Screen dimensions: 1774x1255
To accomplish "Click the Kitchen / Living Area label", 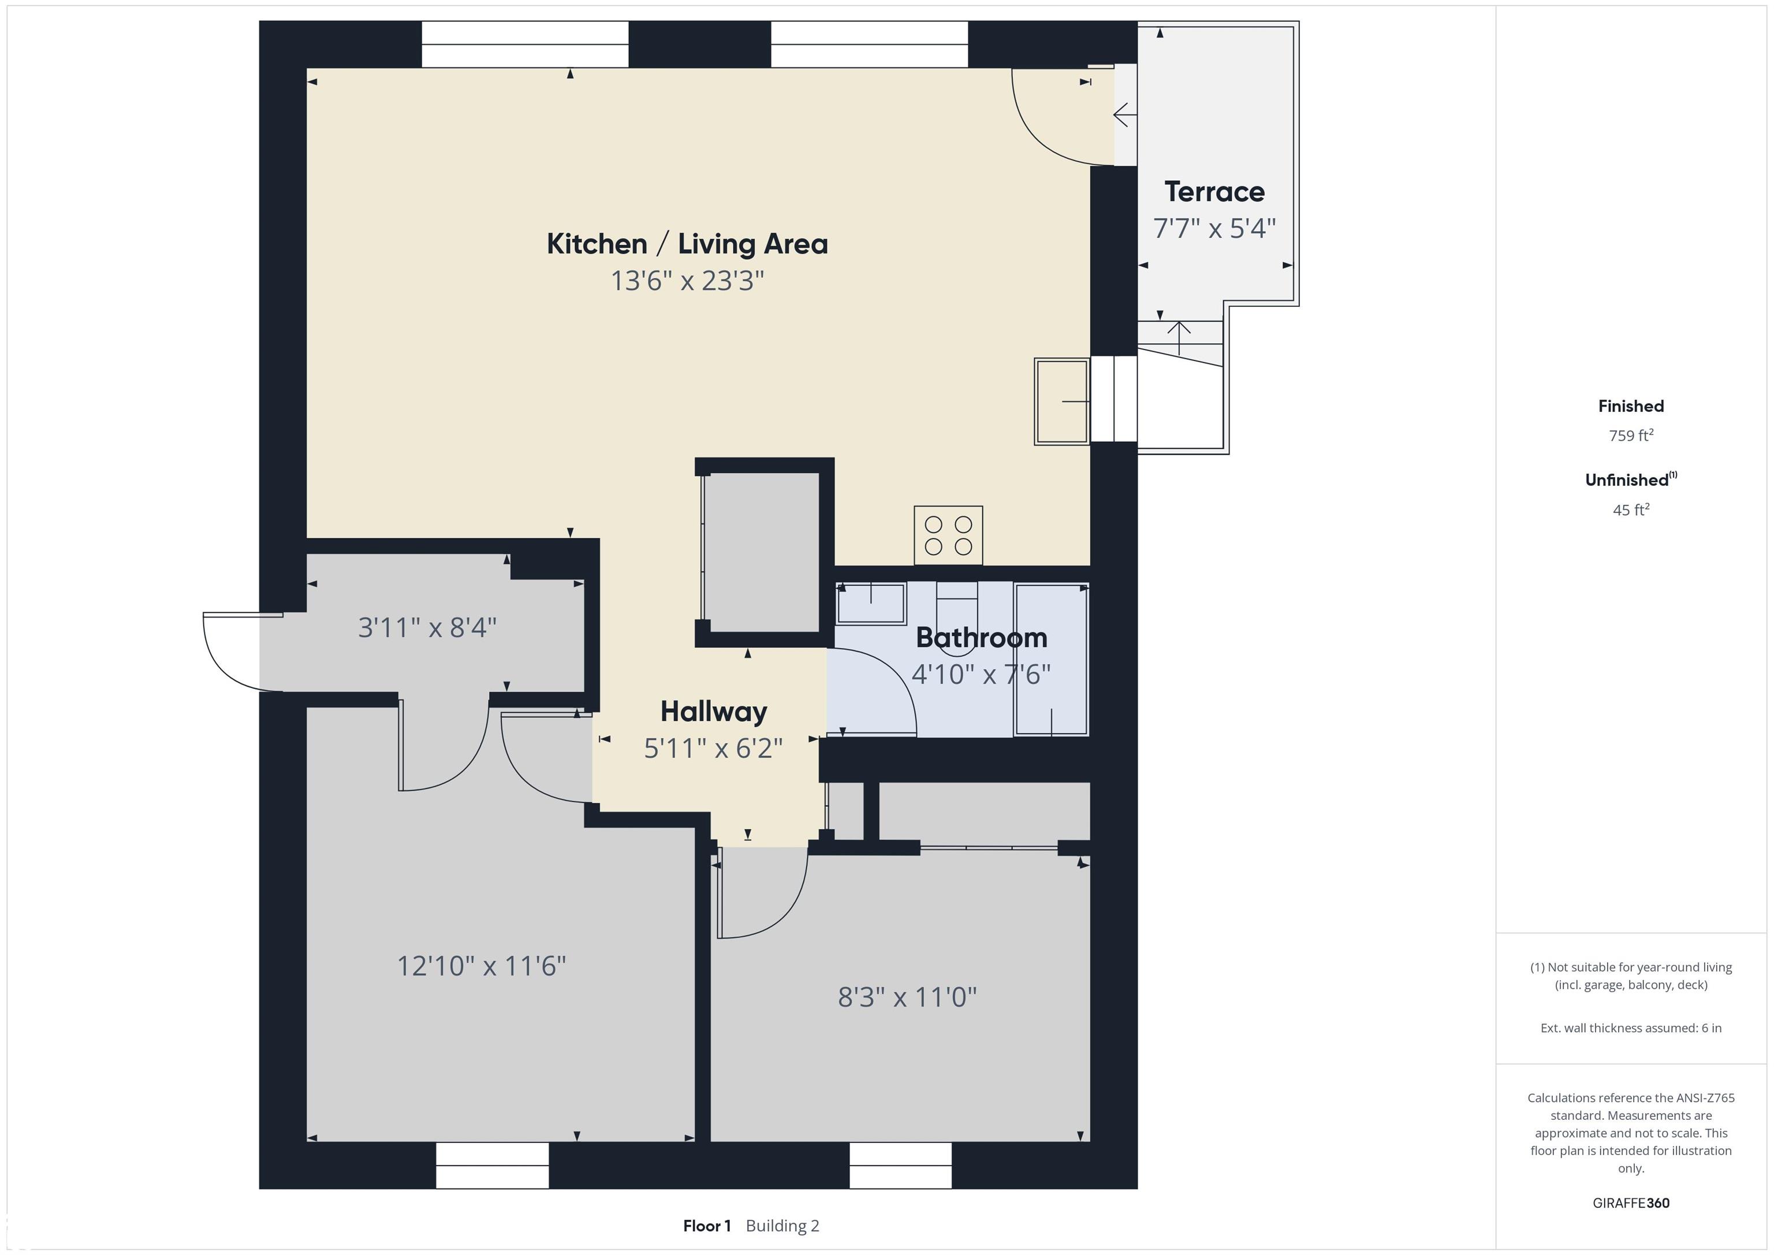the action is [687, 244].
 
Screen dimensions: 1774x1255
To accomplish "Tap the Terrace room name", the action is [1214, 192].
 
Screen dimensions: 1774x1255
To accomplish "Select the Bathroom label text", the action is [981, 638].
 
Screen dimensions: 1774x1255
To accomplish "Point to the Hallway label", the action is [714, 712].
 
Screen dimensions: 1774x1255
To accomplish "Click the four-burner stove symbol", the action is [948, 535].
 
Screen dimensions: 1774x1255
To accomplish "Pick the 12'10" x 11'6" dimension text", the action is [482, 966].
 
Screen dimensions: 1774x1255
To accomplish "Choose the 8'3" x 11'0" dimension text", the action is [907, 997].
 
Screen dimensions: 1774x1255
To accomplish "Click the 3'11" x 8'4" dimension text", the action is [427, 627].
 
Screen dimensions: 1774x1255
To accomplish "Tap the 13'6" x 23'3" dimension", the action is [687, 281].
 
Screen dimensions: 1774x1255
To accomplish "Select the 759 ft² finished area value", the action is [1631, 436].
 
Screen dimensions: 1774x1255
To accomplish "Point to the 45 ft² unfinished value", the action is [1631, 510].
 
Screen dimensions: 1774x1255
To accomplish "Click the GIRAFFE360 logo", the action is [1631, 1203].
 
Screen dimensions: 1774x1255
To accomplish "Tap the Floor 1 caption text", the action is [707, 1226].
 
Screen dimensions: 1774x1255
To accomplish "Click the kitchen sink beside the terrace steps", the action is [1061, 401].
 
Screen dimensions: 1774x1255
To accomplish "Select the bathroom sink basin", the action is [871, 604].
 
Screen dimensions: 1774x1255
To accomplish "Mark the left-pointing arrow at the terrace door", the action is [1124, 115].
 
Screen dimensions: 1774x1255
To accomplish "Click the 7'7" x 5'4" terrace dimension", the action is [1214, 229].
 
